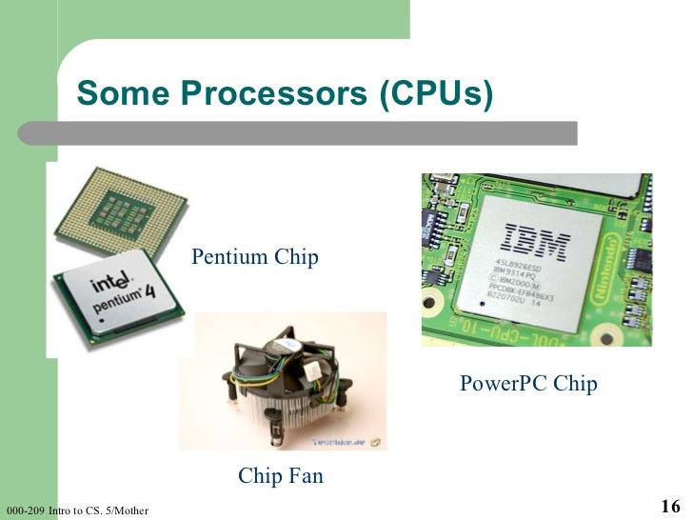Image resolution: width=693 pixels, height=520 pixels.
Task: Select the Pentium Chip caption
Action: point(255,257)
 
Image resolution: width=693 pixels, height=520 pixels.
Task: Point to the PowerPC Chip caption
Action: point(528,384)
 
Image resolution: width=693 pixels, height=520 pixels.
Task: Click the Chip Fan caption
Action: point(281,475)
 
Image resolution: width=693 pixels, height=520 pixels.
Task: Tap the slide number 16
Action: point(669,506)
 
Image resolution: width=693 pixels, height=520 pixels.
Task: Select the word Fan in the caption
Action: point(303,475)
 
